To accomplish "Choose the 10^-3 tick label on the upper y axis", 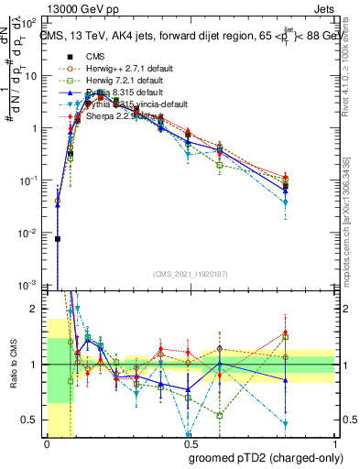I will tap(32, 287).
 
